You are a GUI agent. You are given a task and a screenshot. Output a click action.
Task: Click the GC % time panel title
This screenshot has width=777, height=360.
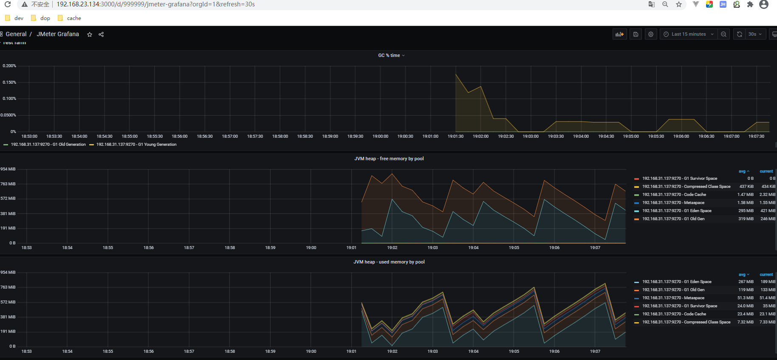pos(389,56)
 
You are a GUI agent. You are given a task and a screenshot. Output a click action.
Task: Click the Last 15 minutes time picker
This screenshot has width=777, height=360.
pos(688,34)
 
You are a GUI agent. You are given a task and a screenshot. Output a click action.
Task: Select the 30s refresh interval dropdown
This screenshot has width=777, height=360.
pos(755,34)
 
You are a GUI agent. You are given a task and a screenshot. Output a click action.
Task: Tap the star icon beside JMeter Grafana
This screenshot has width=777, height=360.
pos(90,34)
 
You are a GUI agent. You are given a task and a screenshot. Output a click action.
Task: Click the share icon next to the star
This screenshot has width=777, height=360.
pos(101,34)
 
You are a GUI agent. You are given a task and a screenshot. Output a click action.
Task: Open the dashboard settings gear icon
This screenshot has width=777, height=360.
pos(650,34)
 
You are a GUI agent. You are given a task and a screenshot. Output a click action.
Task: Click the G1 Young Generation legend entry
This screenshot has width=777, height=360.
pos(136,145)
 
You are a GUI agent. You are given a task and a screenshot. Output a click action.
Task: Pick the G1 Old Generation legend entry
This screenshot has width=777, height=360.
pos(48,145)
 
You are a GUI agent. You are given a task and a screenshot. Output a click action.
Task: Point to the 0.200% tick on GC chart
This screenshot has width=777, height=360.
pos(9,66)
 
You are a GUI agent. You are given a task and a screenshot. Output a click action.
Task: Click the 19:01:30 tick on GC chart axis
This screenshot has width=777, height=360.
pos(455,136)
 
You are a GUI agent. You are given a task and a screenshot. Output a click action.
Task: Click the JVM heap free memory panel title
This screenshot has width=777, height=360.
pos(389,159)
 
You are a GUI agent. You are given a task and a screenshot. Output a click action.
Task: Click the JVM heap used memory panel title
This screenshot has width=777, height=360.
pos(389,262)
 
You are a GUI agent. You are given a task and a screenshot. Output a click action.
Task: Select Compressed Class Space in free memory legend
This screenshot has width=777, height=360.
pos(686,187)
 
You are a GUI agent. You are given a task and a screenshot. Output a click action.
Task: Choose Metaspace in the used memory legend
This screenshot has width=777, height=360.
pos(673,298)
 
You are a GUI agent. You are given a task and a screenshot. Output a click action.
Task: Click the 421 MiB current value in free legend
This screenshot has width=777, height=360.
pos(767,211)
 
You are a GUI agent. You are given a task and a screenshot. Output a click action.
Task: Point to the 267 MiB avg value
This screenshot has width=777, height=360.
pos(746,282)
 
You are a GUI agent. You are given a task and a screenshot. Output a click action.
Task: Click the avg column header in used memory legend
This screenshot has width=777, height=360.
pos(742,275)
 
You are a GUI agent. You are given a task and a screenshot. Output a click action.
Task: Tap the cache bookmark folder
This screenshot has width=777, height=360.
pos(73,18)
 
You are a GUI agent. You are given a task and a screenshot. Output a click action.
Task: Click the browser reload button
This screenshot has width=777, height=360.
pos(8,4)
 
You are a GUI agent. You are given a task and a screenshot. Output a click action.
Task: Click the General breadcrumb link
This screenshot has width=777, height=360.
pos(16,34)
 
